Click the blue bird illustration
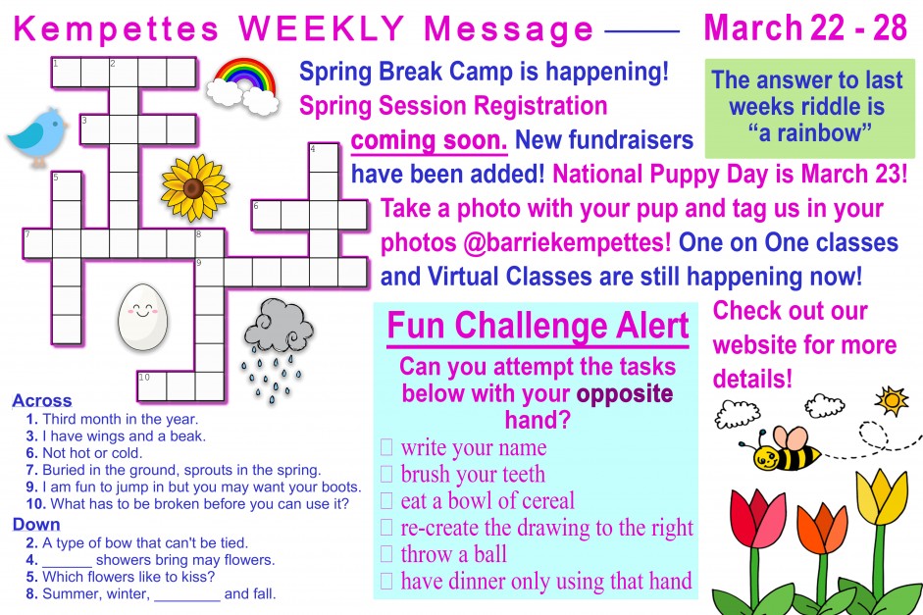[37, 136]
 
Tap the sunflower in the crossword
[195, 187]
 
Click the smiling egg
[142, 317]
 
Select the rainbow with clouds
[243, 86]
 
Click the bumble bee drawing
[780, 449]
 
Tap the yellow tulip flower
[882, 496]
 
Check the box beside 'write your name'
[386, 447]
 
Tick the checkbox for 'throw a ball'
[386, 554]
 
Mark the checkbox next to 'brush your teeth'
[386, 474]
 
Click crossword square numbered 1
[66, 73]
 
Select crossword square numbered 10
[152, 386]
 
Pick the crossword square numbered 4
[325, 158]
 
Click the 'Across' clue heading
[42, 401]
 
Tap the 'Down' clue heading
[36, 525]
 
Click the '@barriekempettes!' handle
[566, 242]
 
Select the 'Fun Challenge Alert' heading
[538, 326]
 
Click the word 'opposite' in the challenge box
[625, 394]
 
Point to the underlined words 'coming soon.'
[429, 140]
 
